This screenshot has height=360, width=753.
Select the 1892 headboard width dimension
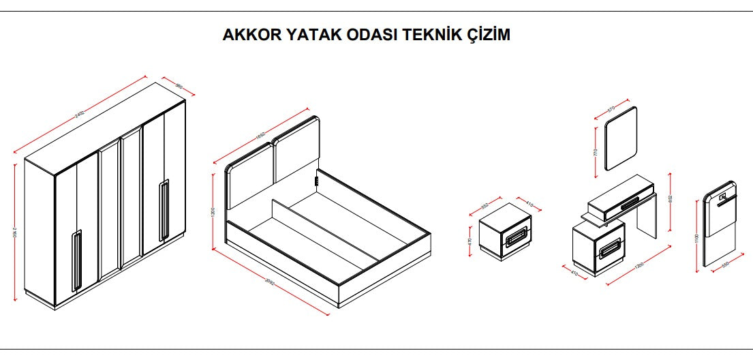click(260, 137)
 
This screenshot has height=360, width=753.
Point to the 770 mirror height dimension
click(596, 152)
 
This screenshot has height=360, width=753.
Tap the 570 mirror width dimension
click(611, 108)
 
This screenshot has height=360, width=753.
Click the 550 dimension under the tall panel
click(724, 265)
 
